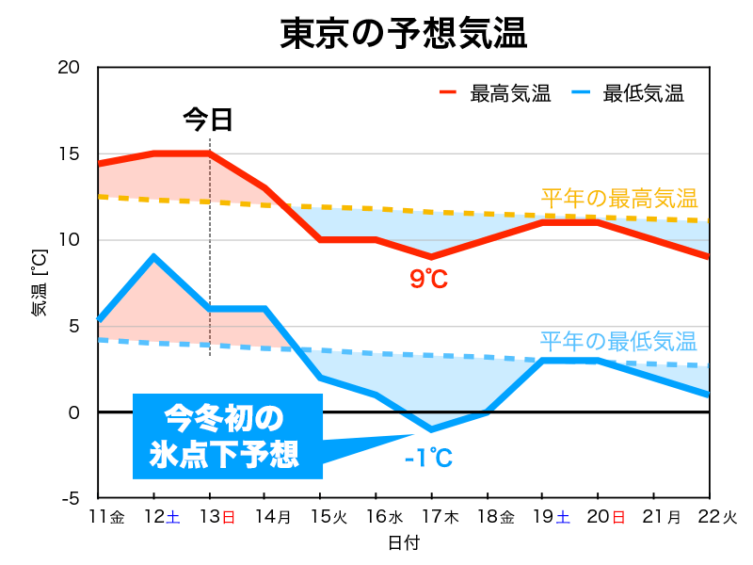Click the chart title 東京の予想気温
403,33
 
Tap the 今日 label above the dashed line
207,120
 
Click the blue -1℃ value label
428,459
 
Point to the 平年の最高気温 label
618,199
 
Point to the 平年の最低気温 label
618,341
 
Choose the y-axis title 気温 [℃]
39,282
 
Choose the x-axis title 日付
403,543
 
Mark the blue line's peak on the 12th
153,257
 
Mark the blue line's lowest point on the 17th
431,429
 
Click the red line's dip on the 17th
431,257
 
